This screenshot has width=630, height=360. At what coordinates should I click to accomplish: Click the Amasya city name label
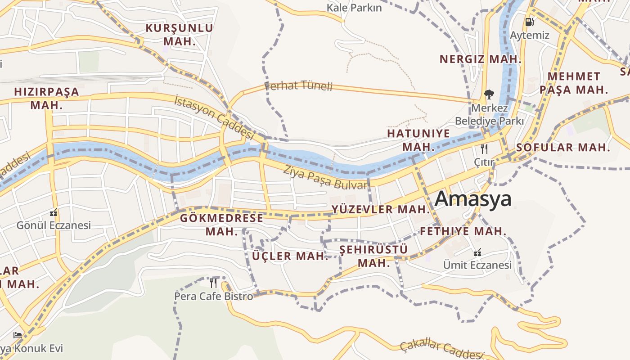point(473,199)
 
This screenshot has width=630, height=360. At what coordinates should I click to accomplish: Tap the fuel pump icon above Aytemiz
point(530,22)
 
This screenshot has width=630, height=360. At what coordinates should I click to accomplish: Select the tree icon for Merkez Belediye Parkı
point(489,94)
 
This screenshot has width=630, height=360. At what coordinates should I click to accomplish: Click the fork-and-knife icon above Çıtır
point(484,148)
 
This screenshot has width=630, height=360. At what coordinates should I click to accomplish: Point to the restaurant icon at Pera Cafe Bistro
point(213,283)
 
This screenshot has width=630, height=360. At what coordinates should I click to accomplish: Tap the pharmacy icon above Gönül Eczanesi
point(54,213)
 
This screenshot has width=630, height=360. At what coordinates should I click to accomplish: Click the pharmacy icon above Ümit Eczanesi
point(478,252)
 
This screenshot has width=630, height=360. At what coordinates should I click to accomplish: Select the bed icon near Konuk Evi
point(18,335)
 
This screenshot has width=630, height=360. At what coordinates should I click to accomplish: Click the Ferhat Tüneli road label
point(298,85)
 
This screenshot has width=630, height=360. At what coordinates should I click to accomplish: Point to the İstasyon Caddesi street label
point(214,117)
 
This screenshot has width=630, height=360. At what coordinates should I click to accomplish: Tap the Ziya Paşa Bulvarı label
point(326,177)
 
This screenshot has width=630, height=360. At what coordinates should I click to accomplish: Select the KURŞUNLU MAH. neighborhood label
point(179,35)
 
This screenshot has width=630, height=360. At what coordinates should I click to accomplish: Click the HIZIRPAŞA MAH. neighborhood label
point(46,98)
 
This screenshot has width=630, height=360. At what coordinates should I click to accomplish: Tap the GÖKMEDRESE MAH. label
point(221,225)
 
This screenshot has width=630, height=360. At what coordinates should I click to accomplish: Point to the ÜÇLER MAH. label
point(290,256)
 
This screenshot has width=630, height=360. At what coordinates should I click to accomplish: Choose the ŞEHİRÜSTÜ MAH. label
point(373,256)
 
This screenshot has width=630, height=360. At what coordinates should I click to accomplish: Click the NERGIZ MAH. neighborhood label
point(480,59)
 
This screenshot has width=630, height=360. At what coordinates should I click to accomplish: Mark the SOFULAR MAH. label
point(563,147)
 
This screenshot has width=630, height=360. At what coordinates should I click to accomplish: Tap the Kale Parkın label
point(354,8)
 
